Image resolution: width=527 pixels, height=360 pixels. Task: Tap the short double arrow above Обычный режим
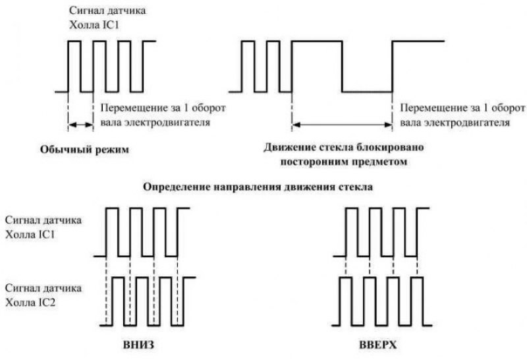[x=81, y=123]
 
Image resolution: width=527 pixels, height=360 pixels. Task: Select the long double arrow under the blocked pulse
[x=343, y=123]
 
